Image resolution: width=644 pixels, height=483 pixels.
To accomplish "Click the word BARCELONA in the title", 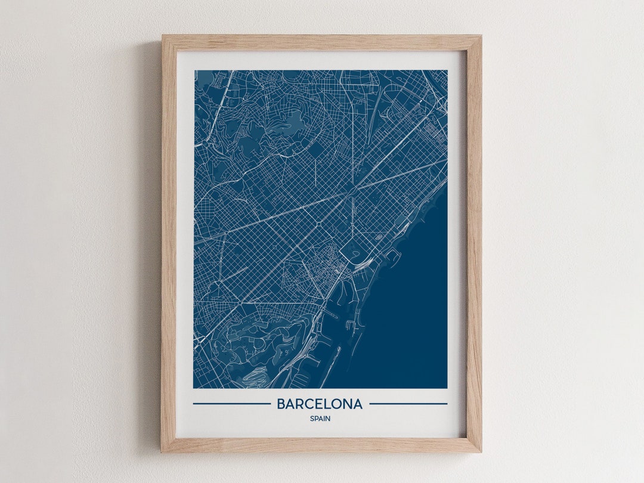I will [x=320, y=404].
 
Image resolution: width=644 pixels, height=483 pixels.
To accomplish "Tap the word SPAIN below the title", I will [x=320, y=419].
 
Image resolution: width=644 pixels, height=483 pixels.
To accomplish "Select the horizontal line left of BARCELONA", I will [x=231, y=404].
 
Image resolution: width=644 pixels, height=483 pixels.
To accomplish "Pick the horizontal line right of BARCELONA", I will [x=408, y=404].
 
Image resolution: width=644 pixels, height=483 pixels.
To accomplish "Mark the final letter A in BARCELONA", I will [x=357, y=404].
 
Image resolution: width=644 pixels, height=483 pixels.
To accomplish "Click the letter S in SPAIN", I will [x=311, y=419].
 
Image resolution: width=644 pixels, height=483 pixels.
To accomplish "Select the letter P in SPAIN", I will [x=315, y=419].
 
